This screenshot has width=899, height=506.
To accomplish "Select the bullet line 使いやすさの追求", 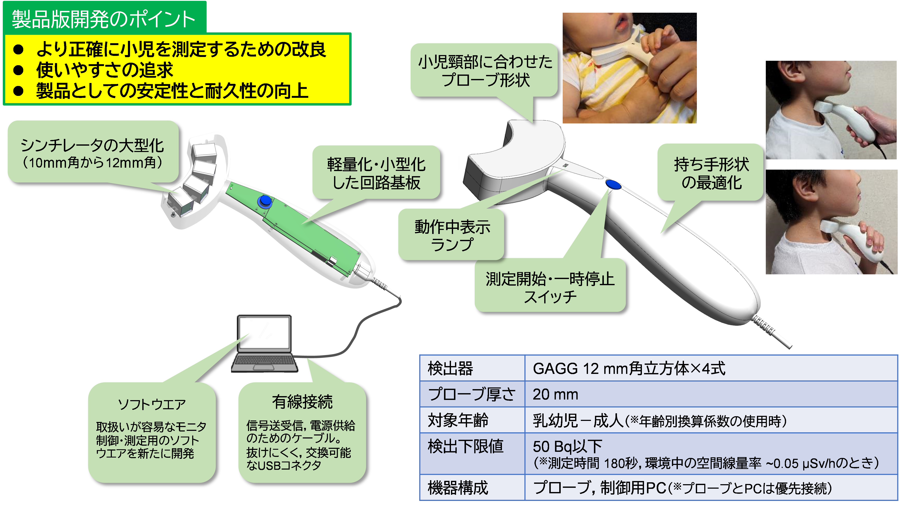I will [x=105, y=70].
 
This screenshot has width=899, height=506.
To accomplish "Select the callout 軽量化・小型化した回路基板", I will [x=376, y=173].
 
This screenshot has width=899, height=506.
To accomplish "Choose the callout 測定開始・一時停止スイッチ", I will [x=550, y=286].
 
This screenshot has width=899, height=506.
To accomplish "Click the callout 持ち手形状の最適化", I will [x=711, y=173].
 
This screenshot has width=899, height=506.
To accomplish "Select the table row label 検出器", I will [x=450, y=368].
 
